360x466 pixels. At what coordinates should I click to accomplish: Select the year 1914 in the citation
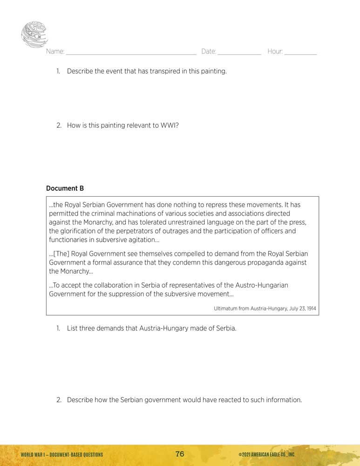[x=311, y=308]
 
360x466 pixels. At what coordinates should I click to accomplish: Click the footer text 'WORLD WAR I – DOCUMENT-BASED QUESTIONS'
[x=62, y=455]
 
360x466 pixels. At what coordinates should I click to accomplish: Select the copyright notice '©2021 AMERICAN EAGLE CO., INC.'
[x=266, y=455]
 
